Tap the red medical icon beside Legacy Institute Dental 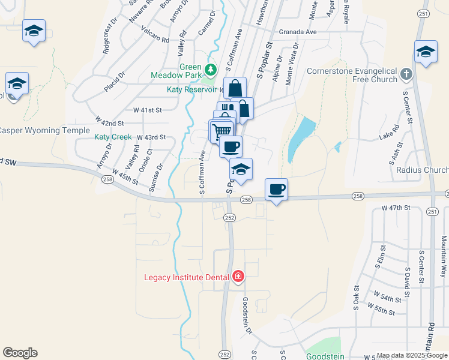[238, 277]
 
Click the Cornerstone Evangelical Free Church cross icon [406, 74]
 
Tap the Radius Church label [422, 170]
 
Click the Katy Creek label [113, 137]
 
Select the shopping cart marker [221, 130]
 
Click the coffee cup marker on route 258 [276, 190]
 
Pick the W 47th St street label [395, 207]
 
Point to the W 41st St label [148, 110]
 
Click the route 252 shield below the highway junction [229, 218]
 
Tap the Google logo [20, 353]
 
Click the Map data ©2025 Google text [411, 355]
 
